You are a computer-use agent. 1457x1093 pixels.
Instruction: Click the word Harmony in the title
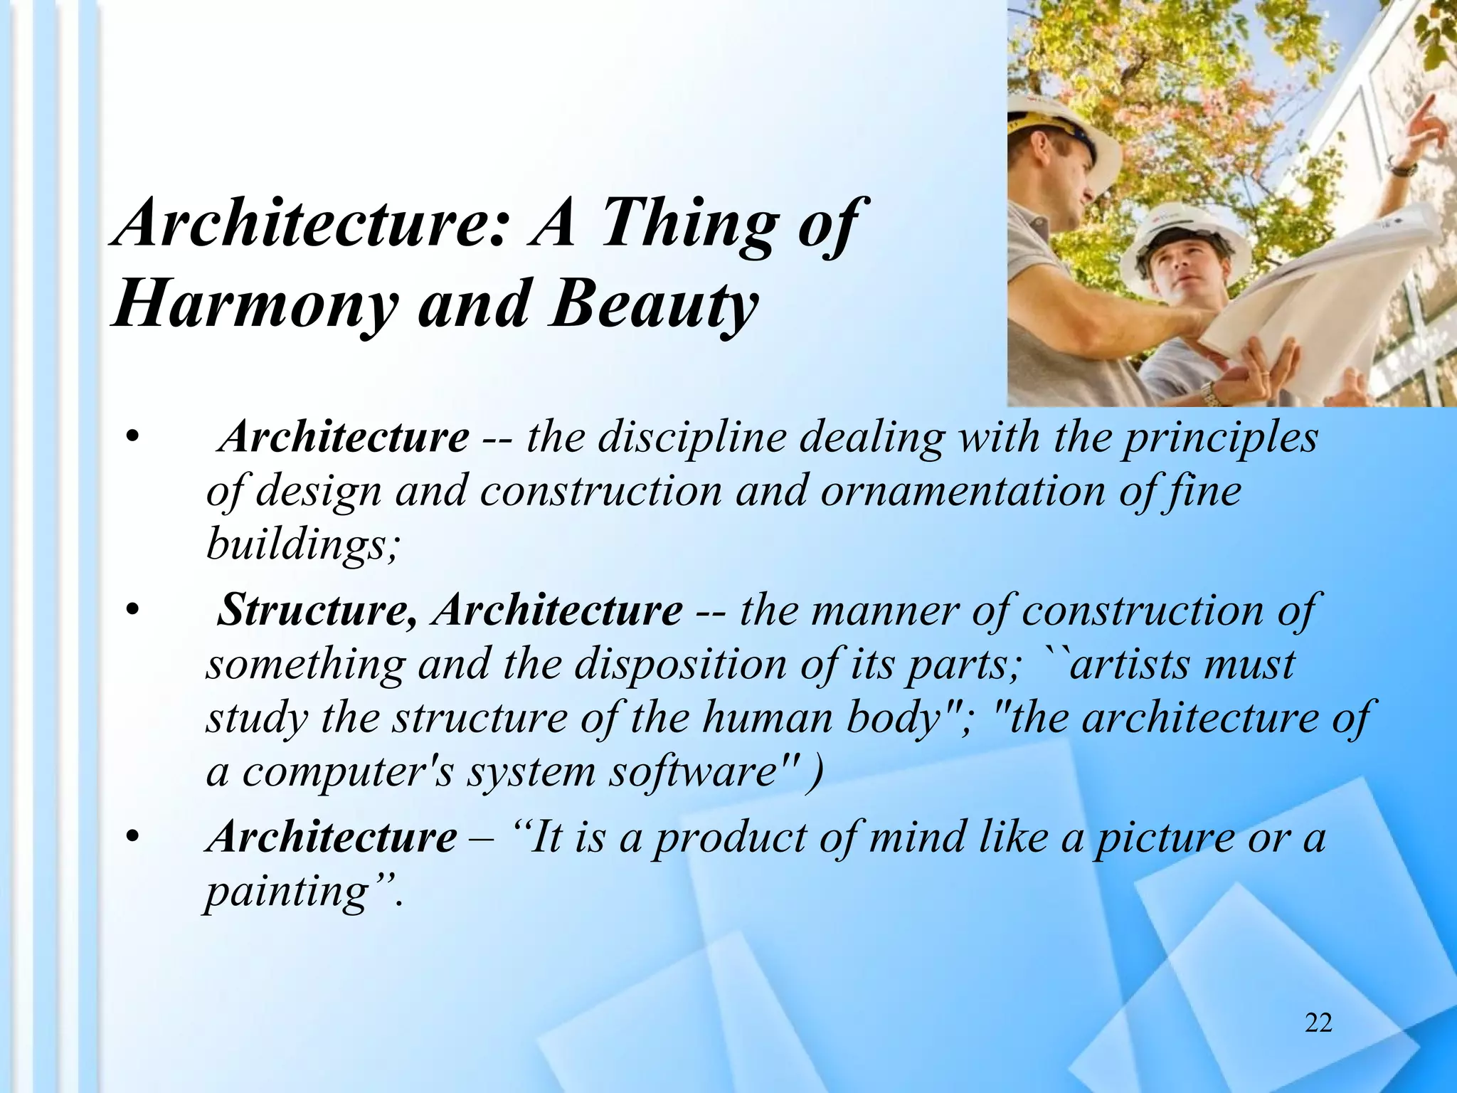tap(253, 305)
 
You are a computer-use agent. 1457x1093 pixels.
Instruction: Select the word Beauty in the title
tap(652, 305)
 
